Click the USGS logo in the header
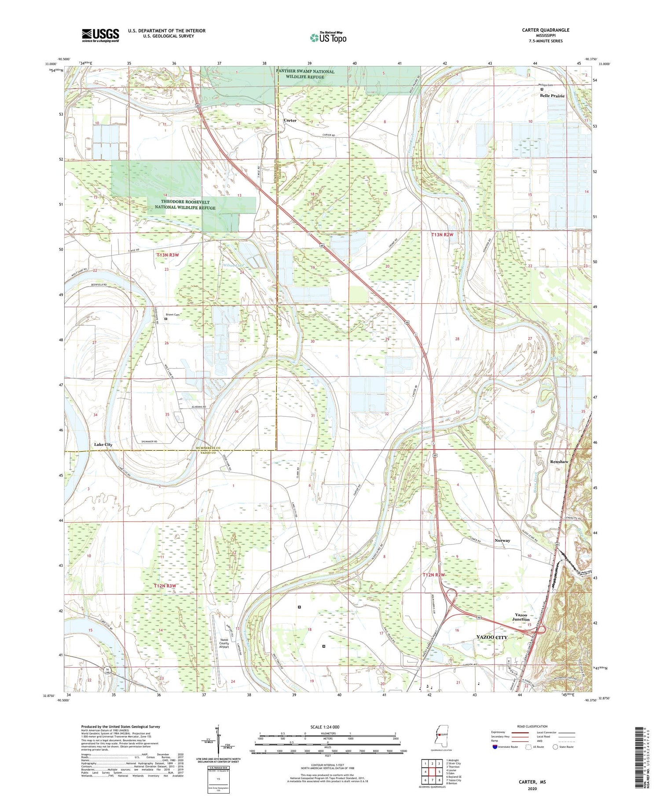(100, 35)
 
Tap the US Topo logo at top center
(328, 38)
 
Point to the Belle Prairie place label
(552, 96)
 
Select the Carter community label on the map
(290, 120)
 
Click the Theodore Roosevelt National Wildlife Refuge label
(185, 205)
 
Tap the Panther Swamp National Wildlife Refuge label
(305, 74)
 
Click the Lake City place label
(103, 445)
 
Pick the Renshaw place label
(559, 462)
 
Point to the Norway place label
(502, 541)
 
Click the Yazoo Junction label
(521, 617)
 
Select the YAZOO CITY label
(492, 637)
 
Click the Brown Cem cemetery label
(173, 315)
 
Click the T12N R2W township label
(434, 575)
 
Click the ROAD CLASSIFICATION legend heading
(532, 726)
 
